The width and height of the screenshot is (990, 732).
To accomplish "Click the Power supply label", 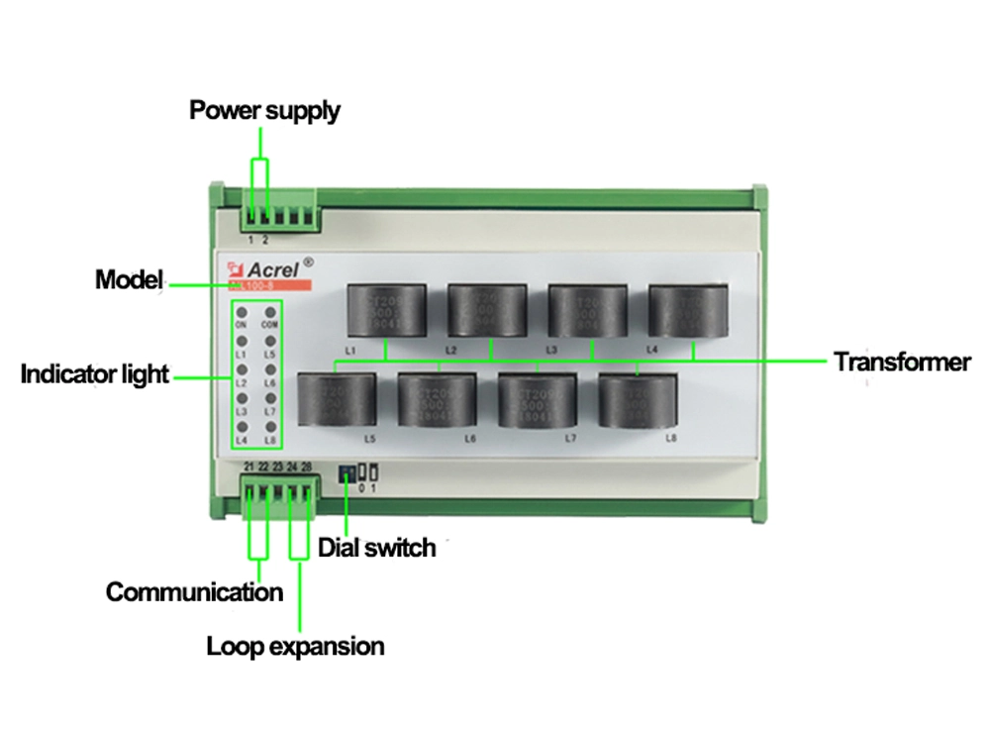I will (x=264, y=110).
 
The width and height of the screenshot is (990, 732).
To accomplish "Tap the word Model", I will (x=128, y=280).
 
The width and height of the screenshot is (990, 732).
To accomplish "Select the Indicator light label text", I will (x=95, y=375).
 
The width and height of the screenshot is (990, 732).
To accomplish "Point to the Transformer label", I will (x=901, y=362).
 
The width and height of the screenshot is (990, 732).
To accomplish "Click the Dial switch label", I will (x=376, y=547).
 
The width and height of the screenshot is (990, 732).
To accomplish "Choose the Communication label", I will (x=194, y=592).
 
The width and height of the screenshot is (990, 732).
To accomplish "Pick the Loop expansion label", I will (x=295, y=647).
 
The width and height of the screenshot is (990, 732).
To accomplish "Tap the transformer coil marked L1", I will (x=385, y=311).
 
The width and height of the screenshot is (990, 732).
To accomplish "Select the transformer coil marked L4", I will (x=689, y=311).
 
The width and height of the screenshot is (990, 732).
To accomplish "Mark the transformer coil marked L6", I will (x=436, y=400).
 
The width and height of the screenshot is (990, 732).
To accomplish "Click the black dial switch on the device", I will (x=346, y=472).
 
